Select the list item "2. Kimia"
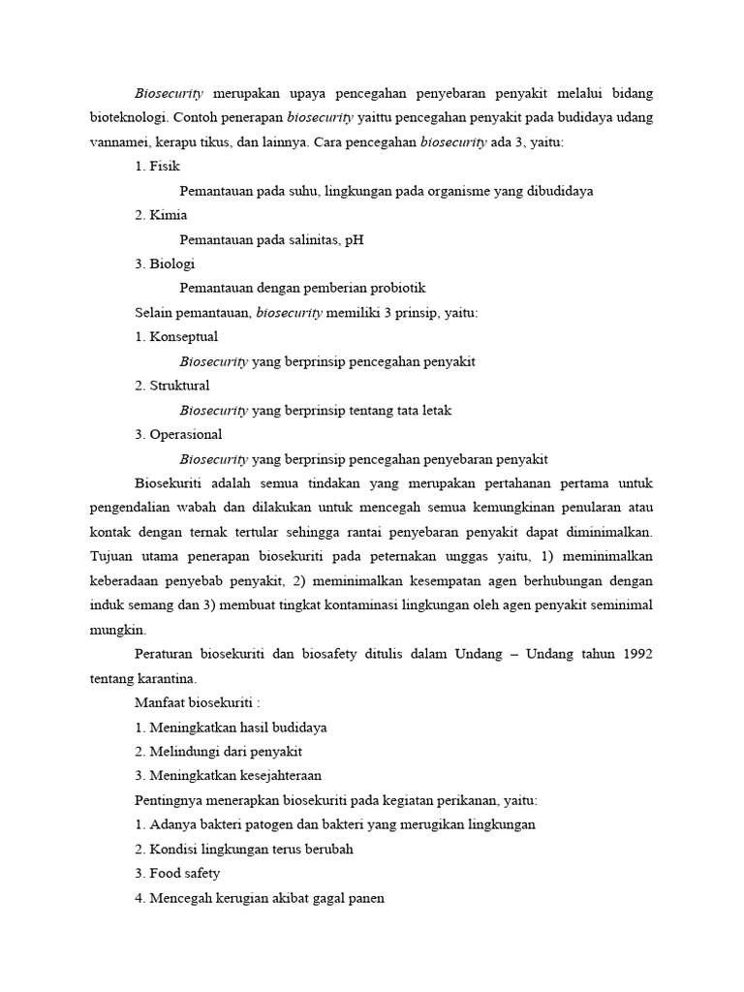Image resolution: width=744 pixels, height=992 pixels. click(x=161, y=215)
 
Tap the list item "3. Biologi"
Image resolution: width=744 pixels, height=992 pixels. click(x=165, y=263)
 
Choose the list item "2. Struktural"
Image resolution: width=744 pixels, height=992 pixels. click(x=172, y=386)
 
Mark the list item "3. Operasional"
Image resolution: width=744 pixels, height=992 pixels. click(x=178, y=434)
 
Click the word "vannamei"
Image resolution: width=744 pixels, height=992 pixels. click(x=119, y=142)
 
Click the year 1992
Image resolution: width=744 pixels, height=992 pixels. click(x=635, y=654)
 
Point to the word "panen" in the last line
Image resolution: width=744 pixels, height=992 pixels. click(x=366, y=897)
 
